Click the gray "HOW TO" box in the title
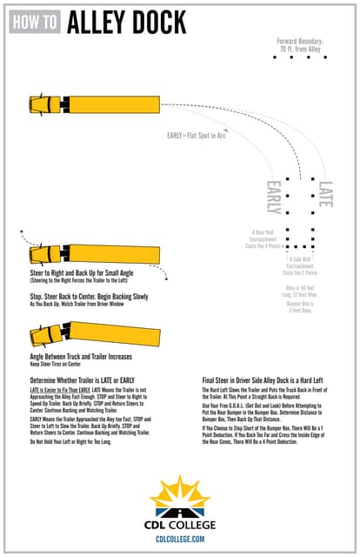(35, 23)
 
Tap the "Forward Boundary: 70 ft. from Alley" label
(301, 44)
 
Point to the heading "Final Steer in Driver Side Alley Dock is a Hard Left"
(267, 380)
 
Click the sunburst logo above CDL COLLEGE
(179, 494)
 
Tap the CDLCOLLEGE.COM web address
(180, 540)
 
